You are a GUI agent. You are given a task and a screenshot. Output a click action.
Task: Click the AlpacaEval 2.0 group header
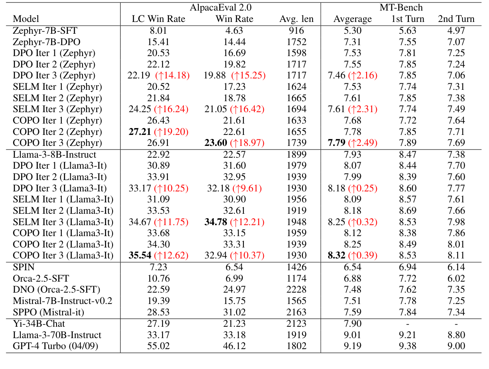pyautogui.click(x=220, y=7)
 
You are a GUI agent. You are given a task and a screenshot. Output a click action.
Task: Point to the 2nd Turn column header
pyautogui.click(x=456, y=19)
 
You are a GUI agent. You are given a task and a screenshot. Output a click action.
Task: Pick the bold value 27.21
pyautogui.click(x=140, y=132)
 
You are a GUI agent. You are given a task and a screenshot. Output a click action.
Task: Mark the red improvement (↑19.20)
pyautogui.click(x=172, y=132)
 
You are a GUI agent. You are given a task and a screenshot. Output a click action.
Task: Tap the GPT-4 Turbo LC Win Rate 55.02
pyautogui.click(x=159, y=347)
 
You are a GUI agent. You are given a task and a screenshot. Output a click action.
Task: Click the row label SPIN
pyautogui.click(x=24, y=267)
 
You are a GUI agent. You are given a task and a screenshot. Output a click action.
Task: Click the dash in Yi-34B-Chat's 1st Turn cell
pyautogui.click(x=408, y=324)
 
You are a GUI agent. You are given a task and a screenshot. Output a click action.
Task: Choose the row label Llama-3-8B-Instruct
pyautogui.click(x=54, y=154)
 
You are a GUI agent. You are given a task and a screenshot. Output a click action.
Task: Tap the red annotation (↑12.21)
pyautogui.click(x=247, y=222)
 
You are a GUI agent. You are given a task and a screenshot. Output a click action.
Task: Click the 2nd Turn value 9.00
pyautogui.click(x=456, y=347)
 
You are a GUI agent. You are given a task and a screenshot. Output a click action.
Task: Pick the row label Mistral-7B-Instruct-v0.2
pyautogui.click(x=62, y=301)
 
